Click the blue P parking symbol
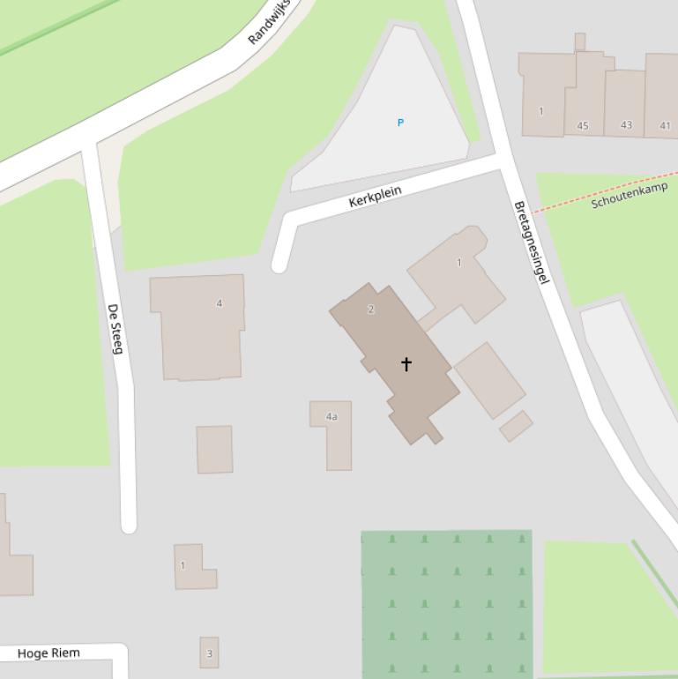click(400, 123)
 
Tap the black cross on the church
click(406, 363)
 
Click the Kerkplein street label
click(376, 196)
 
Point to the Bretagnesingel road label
click(532, 242)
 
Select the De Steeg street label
click(115, 329)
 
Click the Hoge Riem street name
click(48, 653)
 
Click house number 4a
click(332, 416)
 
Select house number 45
click(583, 126)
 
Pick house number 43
click(626, 125)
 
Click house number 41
click(665, 126)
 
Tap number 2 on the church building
click(371, 310)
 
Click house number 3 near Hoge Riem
click(209, 653)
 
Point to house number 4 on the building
click(220, 303)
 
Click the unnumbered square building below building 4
click(214, 450)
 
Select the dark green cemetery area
click(446, 603)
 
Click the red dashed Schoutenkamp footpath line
click(564, 202)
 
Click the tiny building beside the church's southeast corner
click(516, 426)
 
